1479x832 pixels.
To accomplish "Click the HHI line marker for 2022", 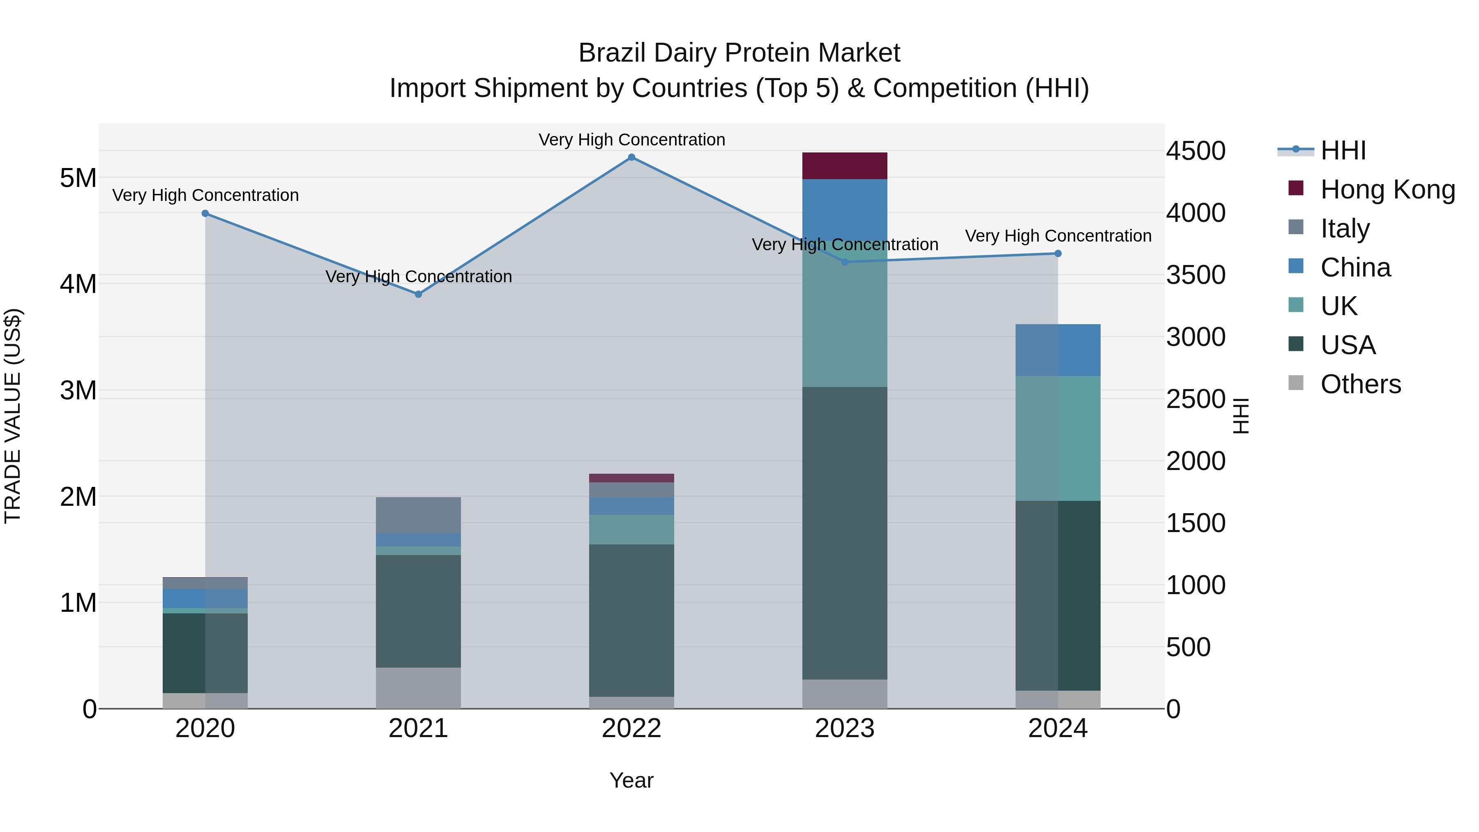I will (631, 157).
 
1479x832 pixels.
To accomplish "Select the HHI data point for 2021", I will (419, 294).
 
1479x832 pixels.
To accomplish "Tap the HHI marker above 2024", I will (1058, 253).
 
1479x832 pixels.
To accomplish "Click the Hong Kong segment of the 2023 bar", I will (845, 166).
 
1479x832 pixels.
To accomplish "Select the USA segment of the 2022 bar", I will (631, 620).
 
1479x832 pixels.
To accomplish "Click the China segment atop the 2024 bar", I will (1058, 350).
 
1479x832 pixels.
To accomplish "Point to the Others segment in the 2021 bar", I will (419, 687).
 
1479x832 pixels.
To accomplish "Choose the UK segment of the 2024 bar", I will (1058, 438).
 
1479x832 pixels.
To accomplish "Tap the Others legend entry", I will (1360, 384).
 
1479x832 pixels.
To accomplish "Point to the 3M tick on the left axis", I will (78, 390).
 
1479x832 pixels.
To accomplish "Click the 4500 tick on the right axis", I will (1196, 151).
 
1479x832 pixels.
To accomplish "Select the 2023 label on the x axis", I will (845, 728).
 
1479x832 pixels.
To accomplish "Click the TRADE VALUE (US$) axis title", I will (13, 416).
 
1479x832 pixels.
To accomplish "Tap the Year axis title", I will (631, 780).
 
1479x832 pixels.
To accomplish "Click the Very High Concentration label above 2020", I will (205, 195).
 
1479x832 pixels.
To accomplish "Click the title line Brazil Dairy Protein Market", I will (739, 53).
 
